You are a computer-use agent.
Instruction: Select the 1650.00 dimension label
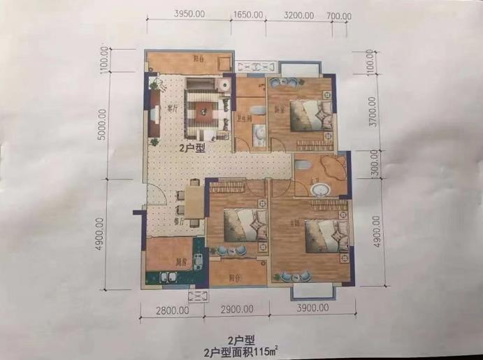[x=247, y=14]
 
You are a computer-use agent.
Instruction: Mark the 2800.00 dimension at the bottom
[x=170, y=309]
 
